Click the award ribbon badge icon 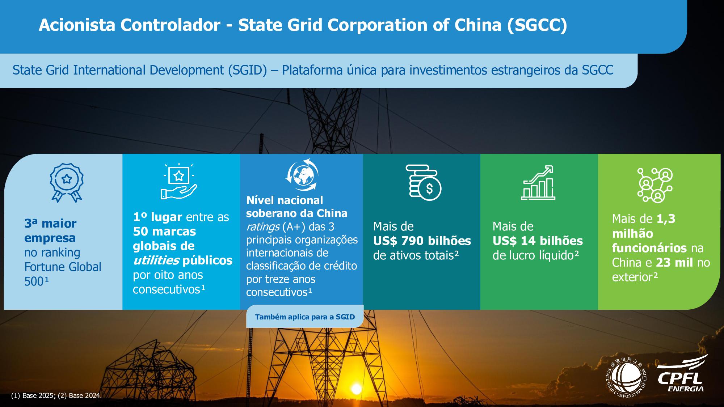(x=67, y=182)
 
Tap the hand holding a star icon (x=179, y=182)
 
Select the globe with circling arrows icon (x=302, y=174)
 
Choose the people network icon (x=655, y=185)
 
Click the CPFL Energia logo (x=686, y=373)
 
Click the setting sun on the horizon (x=356, y=389)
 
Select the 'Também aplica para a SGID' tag (x=305, y=317)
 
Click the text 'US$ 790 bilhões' (x=422, y=241)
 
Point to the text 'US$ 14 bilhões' (x=538, y=241)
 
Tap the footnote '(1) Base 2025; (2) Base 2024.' (x=56, y=396)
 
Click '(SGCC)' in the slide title (x=537, y=25)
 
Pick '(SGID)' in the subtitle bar (x=247, y=70)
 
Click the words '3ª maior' (x=50, y=224)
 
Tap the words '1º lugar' (x=157, y=217)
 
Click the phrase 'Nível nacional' (x=285, y=200)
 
